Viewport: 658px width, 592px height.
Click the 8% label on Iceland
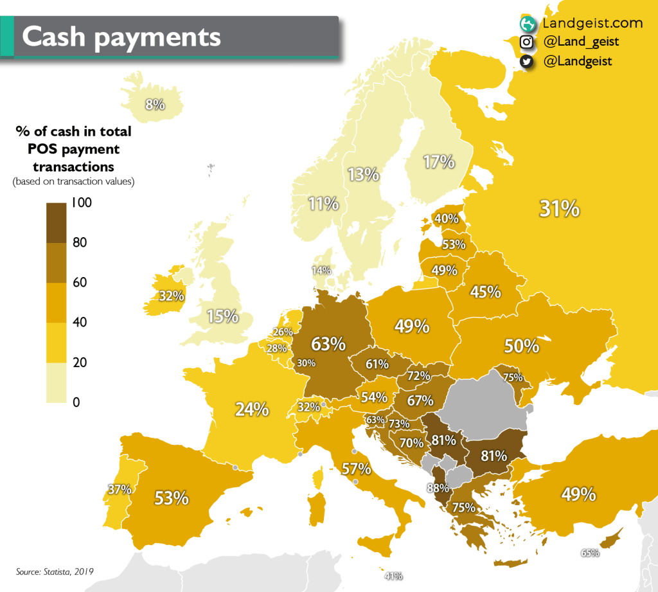tap(155, 104)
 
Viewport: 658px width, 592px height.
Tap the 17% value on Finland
tap(439, 162)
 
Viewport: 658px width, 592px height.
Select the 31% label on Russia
tap(559, 208)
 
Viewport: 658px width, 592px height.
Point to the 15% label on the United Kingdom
tap(223, 316)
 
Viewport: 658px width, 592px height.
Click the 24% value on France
tap(252, 409)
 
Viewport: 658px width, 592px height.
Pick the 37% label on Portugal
tap(120, 489)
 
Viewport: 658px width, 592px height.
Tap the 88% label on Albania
tap(437, 489)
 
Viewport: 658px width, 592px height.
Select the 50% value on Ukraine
tap(521, 346)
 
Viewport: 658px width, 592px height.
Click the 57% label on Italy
tap(356, 469)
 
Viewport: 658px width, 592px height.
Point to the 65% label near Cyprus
tap(590, 553)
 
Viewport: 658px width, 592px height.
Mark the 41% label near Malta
tap(393, 576)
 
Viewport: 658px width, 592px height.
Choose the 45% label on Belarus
tap(485, 292)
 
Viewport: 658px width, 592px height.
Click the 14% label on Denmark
tap(321, 271)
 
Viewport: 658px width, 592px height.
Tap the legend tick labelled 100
tap(82, 203)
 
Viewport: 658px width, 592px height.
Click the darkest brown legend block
tap(60, 222)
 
